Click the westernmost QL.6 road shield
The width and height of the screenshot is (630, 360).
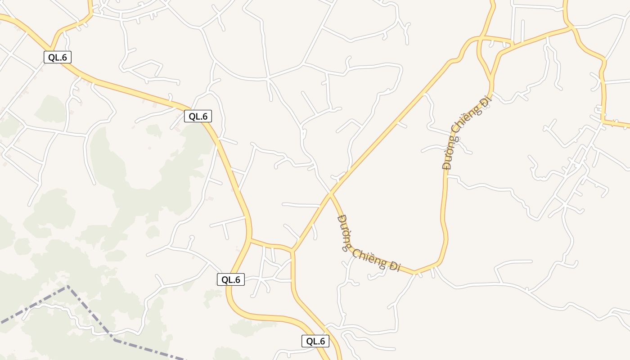click(x=58, y=57)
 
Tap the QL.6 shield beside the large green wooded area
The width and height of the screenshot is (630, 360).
click(x=198, y=116)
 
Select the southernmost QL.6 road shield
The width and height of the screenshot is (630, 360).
click(x=315, y=341)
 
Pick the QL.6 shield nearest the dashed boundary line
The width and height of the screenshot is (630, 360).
click(x=231, y=279)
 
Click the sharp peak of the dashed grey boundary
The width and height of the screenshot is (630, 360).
click(x=67, y=286)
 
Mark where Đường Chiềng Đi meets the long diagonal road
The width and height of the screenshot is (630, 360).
click(x=331, y=194)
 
